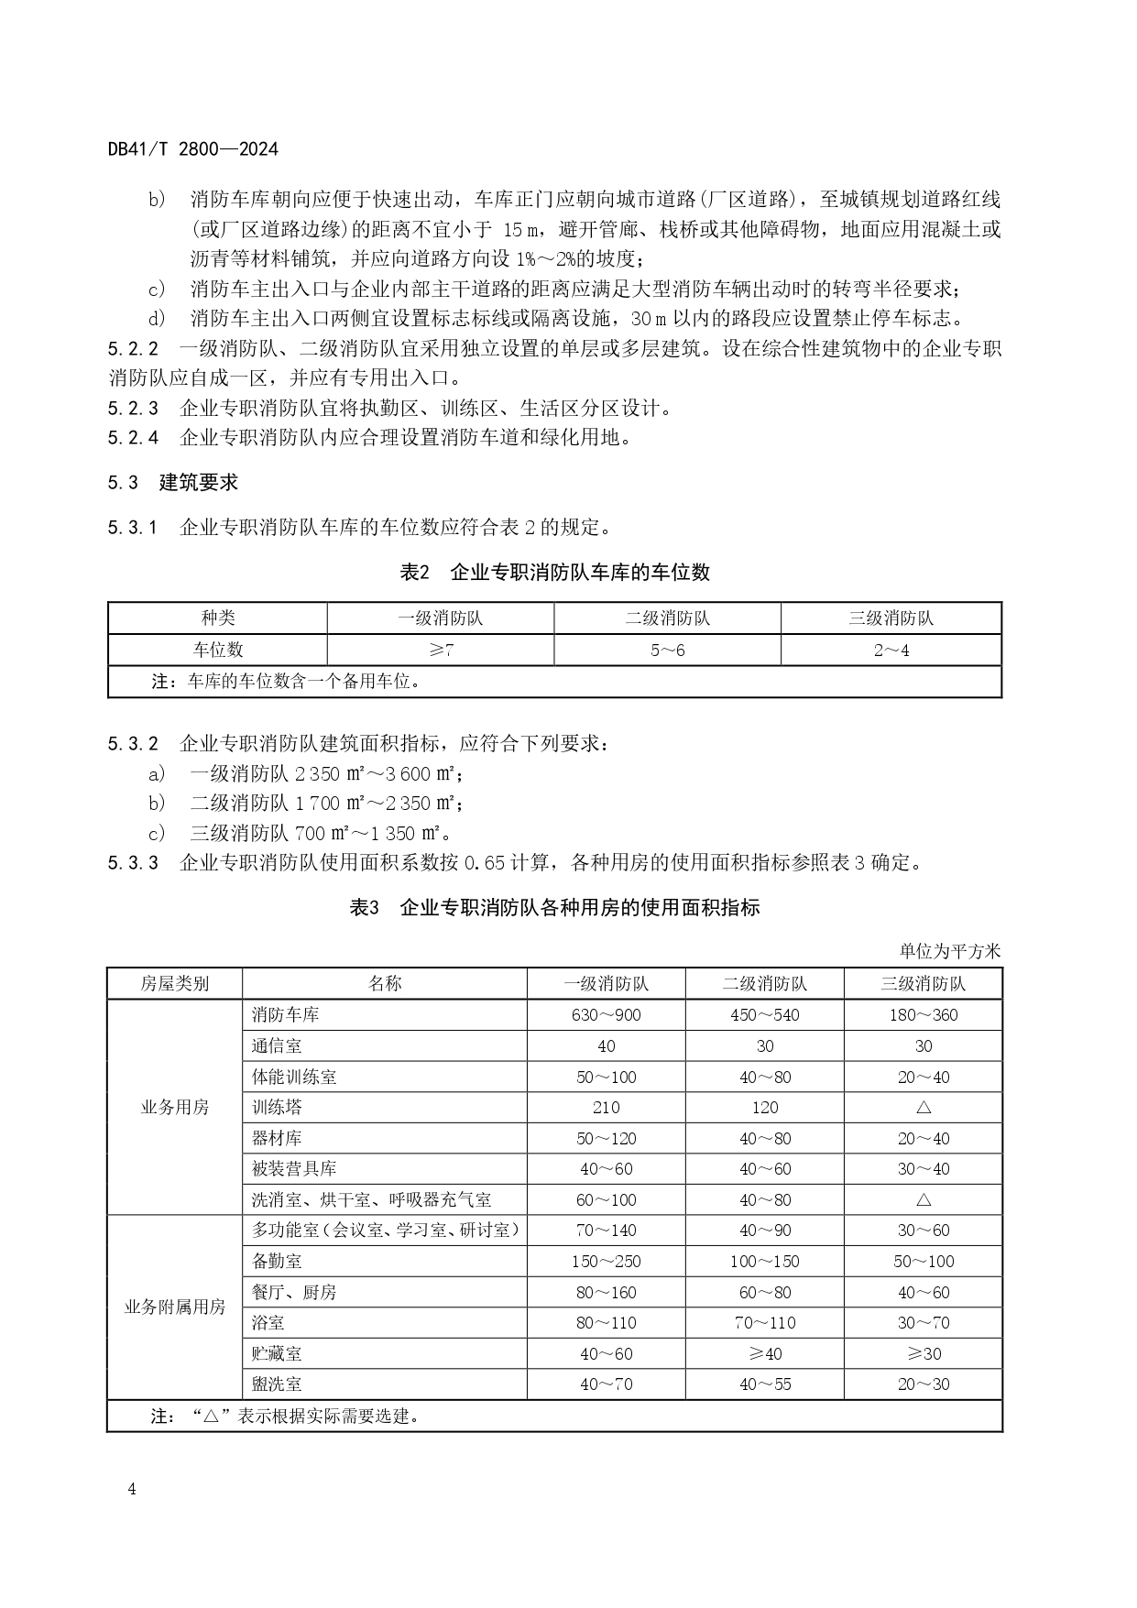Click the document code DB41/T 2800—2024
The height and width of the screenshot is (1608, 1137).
tap(192, 148)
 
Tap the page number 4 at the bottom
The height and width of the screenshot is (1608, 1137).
tap(132, 1489)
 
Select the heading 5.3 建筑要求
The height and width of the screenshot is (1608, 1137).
tap(173, 482)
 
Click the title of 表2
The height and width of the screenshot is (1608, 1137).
tap(554, 573)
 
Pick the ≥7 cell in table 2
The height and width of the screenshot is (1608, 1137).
tap(440, 650)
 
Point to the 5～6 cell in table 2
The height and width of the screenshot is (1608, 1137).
tap(667, 650)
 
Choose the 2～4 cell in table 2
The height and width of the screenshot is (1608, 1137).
tap(891, 650)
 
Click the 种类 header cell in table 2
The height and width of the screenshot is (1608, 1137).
tap(218, 618)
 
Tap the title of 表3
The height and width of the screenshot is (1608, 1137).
tap(554, 908)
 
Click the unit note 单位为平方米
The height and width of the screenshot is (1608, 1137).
tap(950, 951)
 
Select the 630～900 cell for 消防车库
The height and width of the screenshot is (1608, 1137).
tap(606, 1015)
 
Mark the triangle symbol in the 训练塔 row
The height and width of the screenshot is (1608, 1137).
tap(923, 1107)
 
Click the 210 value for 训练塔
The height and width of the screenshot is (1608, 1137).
tap(606, 1107)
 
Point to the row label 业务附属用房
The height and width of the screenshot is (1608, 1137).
tap(174, 1307)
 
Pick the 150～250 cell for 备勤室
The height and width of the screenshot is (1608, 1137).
tap(606, 1262)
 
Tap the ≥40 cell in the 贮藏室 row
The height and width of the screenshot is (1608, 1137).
tap(764, 1353)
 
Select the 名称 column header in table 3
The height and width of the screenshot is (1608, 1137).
tap(385, 984)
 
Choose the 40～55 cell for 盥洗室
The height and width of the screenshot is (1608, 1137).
tap(764, 1384)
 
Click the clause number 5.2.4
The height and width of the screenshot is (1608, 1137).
tap(133, 438)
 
